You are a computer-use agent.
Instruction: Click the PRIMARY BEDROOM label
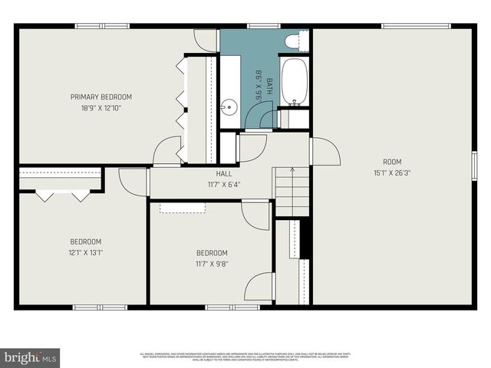pos(101,97)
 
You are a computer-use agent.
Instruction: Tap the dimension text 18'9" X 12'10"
pos(101,108)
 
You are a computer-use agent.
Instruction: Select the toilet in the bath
pos(293,40)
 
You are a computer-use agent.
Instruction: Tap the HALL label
pos(223,173)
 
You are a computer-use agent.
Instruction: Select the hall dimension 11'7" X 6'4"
pos(223,184)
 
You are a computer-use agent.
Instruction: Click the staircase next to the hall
pos(292,192)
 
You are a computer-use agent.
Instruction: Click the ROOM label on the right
pos(392,161)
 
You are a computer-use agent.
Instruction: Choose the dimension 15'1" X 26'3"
pos(392,172)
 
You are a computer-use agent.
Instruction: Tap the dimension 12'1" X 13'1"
pos(85,251)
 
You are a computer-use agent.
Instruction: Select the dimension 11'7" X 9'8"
pos(212,264)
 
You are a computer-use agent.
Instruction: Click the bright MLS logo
pos(30,357)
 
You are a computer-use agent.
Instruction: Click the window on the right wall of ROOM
pos(474,166)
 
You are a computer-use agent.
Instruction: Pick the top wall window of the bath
pos(263,27)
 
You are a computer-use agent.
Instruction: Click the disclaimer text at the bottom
pos(245,356)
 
